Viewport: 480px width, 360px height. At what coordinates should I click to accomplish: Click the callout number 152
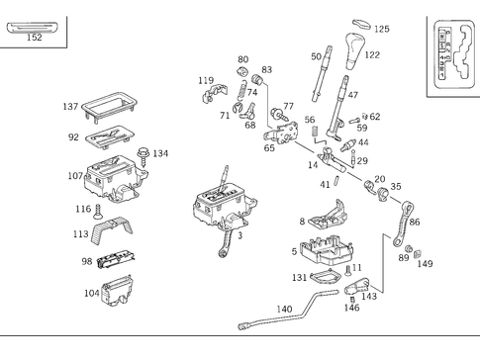34,38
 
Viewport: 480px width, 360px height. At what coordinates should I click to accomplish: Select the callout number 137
70,106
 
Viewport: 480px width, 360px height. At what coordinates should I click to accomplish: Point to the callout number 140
284,310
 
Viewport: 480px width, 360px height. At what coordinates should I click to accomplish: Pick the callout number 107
74,177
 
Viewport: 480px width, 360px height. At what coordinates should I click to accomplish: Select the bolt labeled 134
145,153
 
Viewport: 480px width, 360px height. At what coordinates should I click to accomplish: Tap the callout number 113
81,234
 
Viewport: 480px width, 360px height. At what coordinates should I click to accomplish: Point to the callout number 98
86,261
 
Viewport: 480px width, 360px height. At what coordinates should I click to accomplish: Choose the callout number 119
205,80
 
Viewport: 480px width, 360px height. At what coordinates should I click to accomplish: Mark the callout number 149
426,264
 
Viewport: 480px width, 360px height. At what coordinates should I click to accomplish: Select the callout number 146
351,308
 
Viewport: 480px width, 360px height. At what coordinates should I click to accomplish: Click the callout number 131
300,278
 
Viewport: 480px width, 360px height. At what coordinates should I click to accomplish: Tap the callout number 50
316,56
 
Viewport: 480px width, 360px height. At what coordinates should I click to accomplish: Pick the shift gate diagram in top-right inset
453,53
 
